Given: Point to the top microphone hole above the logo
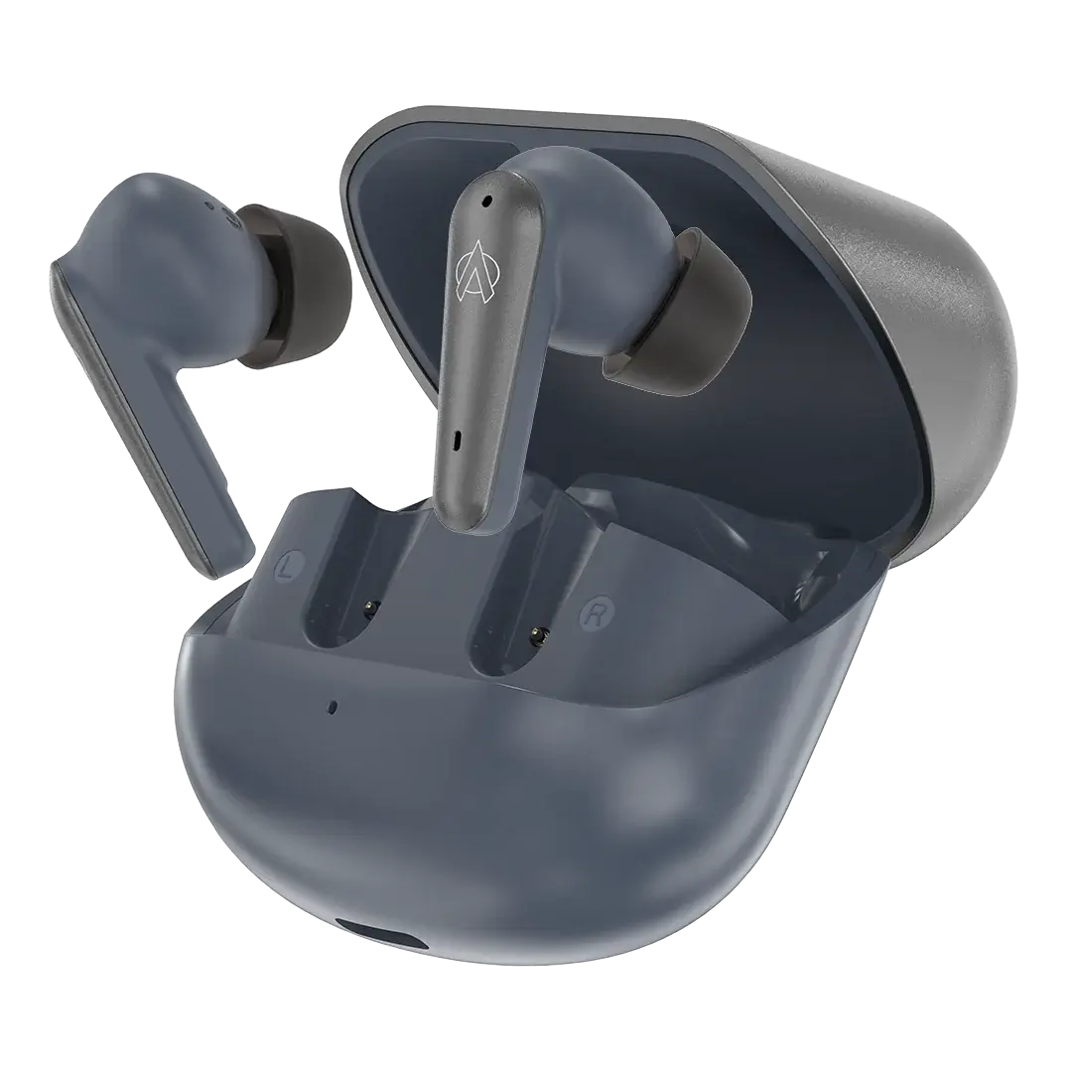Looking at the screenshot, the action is point(486,201).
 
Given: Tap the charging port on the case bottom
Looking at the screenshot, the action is point(384,937).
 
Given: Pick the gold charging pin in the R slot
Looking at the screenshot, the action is point(538,636).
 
